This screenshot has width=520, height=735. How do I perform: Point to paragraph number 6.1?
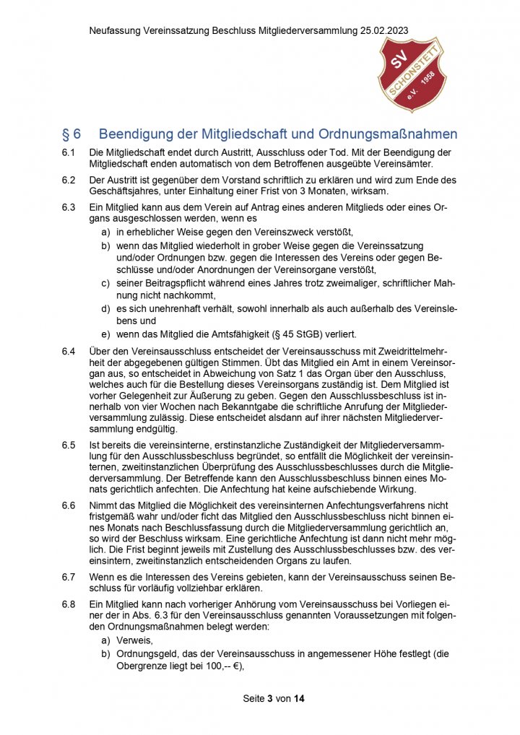pyautogui.click(x=69, y=153)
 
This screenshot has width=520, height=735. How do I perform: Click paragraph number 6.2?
pyautogui.click(x=69, y=180)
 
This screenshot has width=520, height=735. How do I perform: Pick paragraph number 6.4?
pyautogui.click(x=69, y=351)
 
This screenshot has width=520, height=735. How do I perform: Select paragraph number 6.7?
pyautogui.click(x=69, y=578)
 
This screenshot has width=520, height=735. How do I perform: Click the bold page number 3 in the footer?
pyautogui.click(x=269, y=700)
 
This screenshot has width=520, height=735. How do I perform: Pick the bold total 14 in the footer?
pyautogui.click(x=300, y=700)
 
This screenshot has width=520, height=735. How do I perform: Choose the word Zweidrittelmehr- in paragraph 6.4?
pyautogui.click(x=406, y=351)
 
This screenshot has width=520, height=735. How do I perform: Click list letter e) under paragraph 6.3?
pyautogui.click(x=105, y=334)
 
